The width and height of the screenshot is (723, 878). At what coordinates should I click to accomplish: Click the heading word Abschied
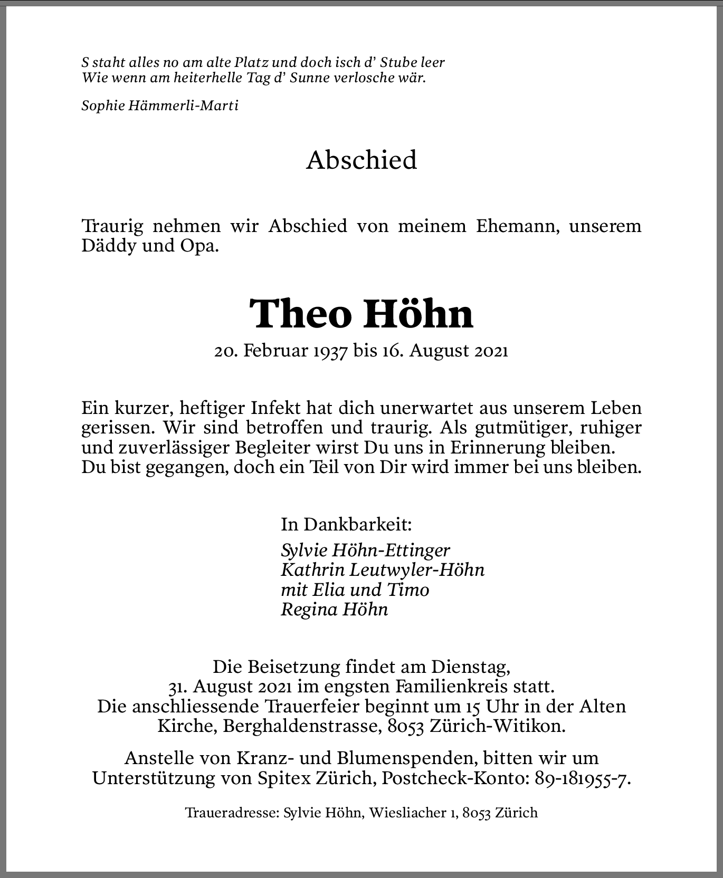point(361,160)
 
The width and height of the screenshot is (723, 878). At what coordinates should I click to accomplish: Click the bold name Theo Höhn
point(361,314)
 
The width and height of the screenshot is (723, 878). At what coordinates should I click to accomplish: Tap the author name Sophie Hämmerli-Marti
point(160,105)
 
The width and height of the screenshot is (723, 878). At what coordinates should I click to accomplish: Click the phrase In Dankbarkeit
point(346,524)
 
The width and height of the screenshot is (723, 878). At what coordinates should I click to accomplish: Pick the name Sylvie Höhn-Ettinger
point(365,551)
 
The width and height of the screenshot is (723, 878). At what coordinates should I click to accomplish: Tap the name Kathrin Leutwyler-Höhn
point(382,570)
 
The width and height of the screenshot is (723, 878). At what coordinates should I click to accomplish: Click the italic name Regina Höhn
point(334,609)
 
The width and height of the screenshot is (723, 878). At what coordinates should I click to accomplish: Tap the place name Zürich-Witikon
point(497,726)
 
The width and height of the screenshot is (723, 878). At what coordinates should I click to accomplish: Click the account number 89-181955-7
point(582,778)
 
